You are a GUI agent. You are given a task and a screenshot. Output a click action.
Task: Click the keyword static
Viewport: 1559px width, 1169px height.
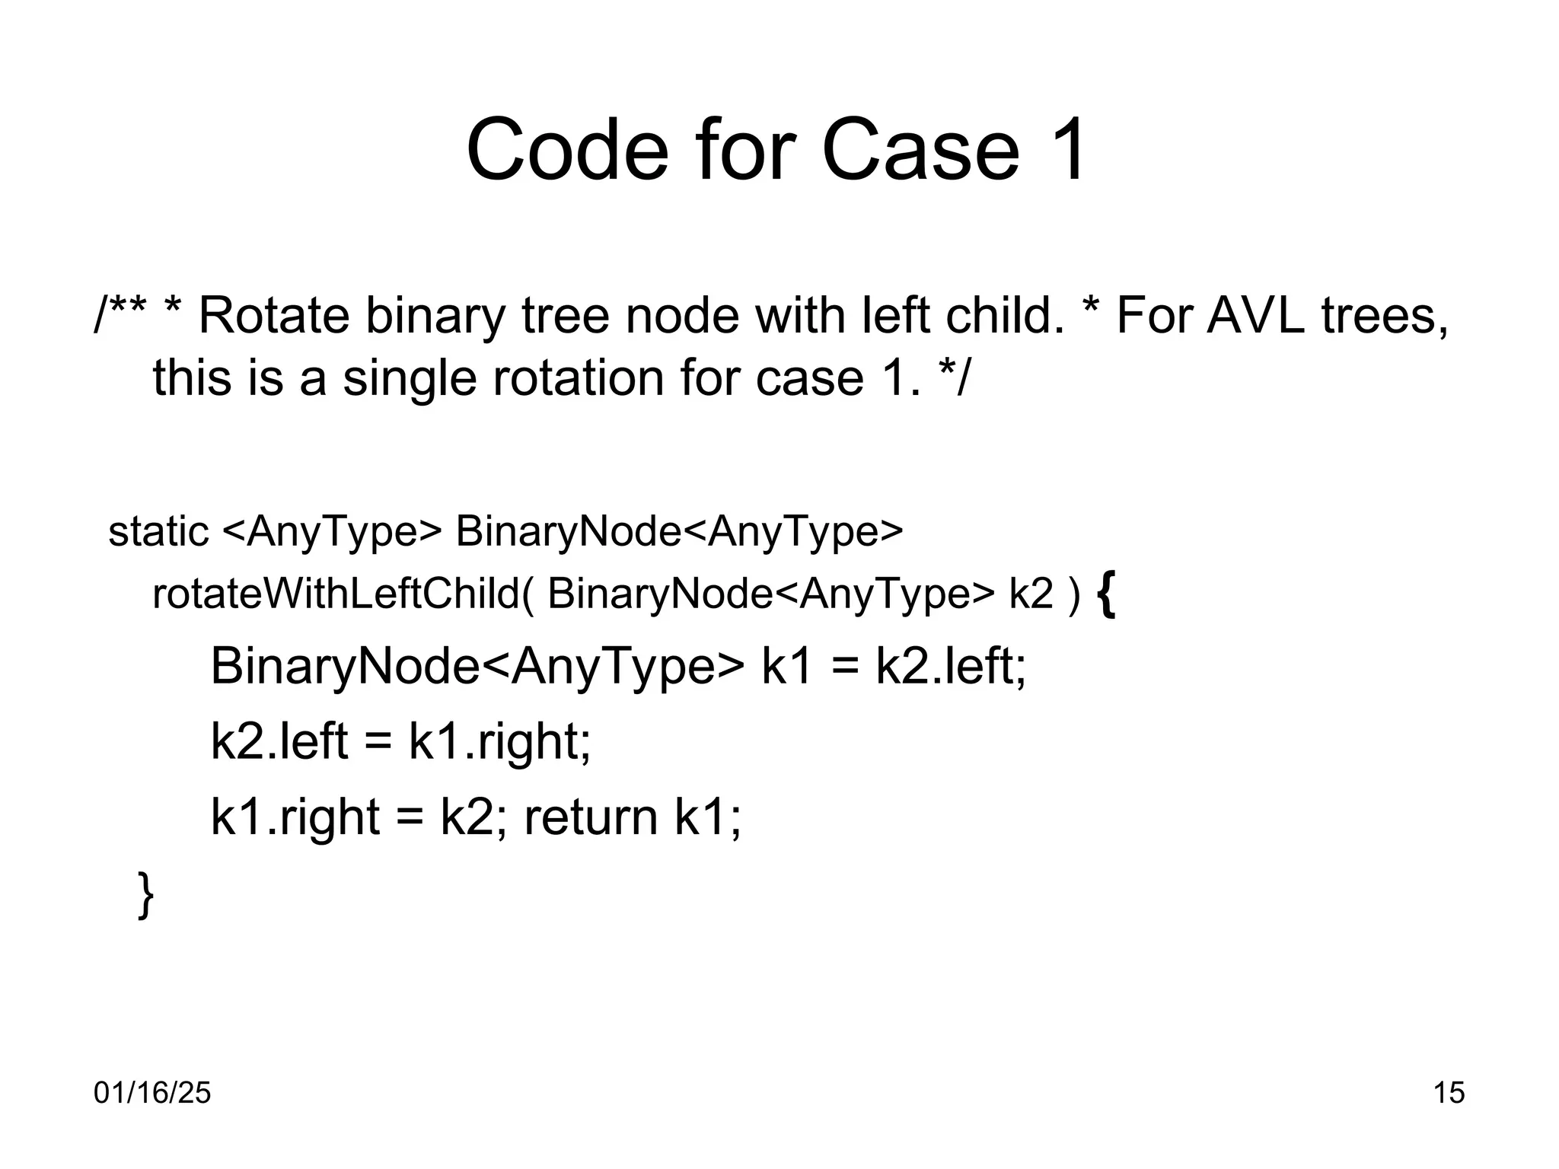click(x=158, y=530)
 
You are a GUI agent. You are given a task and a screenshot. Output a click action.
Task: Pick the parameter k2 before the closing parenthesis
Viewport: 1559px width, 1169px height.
click(x=1031, y=593)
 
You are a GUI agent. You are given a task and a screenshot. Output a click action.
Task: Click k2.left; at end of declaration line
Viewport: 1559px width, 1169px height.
click(x=950, y=666)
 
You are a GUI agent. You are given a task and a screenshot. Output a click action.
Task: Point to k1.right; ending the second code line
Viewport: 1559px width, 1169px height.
click(x=499, y=741)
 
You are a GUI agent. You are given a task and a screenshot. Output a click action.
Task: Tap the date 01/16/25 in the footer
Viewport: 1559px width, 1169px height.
click(x=152, y=1093)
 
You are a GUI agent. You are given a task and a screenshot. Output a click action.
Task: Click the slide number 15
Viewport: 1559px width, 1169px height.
click(x=1449, y=1093)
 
